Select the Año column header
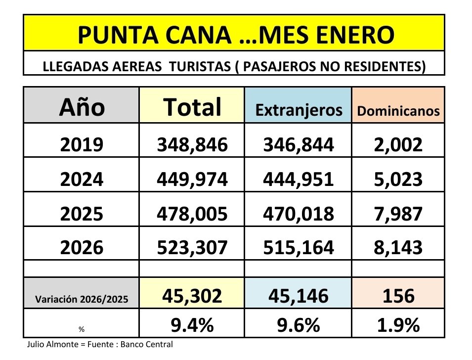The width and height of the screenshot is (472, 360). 82,106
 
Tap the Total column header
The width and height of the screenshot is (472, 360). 192,106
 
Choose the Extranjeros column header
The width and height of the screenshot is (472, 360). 299,111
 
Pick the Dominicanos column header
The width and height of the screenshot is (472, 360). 398,111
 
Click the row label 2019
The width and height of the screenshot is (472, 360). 82,144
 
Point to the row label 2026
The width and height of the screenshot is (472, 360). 82,247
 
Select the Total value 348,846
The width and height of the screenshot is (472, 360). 192,144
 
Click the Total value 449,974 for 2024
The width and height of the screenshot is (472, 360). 192,179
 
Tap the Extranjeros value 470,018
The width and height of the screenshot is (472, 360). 299,213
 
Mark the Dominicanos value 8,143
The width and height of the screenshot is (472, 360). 398,247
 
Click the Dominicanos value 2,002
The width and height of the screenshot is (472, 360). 398,144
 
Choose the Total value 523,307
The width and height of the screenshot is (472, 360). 192,247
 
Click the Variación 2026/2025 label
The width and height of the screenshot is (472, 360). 82,299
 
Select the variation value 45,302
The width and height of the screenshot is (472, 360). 192,295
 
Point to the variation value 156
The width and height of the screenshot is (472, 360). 398,295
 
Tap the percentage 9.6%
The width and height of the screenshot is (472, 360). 299,325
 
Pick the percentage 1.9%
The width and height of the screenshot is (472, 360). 398,325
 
